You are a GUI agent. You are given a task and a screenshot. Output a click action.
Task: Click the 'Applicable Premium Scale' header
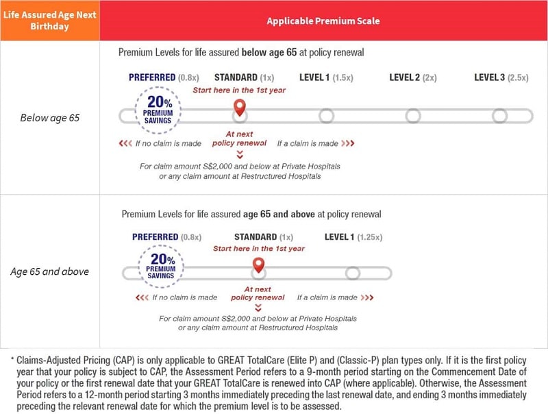pos(323,21)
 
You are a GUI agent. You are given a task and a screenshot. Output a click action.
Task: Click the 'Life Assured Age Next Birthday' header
pos(49,21)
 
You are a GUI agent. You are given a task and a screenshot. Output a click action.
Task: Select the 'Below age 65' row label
pos(49,118)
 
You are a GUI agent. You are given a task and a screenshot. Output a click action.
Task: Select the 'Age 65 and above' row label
pos(49,271)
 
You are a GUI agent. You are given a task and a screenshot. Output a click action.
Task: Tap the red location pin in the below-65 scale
pos(239,108)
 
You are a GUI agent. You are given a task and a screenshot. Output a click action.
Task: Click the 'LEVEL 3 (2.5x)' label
pos(501,77)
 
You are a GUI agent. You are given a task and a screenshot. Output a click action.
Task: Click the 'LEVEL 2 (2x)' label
pos(412,77)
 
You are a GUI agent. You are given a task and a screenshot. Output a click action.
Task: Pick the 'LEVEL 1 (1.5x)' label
pos(326,77)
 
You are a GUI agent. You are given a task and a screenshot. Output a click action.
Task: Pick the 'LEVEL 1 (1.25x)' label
pos(353,236)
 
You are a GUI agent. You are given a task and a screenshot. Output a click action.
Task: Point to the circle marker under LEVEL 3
pos(499,116)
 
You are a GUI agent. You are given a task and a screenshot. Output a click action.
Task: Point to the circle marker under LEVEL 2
pos(412,116)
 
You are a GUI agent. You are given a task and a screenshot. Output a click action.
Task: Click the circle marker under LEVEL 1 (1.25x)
pos(353,273)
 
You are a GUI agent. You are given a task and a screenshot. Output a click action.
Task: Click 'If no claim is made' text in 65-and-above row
pos(184,297)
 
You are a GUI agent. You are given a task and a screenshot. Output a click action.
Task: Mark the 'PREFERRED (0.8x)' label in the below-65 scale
pos(164,77)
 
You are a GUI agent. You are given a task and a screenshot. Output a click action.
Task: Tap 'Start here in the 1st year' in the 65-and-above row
pos(258,248)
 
